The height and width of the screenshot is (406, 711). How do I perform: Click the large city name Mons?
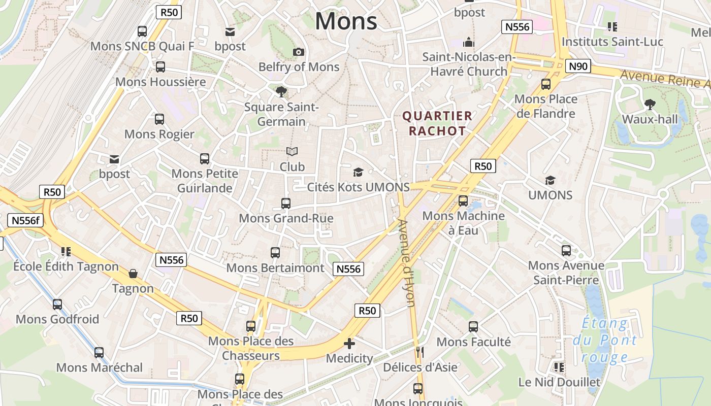(x=346, y=21)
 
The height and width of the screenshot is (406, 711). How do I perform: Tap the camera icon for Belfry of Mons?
(x=299, y=52)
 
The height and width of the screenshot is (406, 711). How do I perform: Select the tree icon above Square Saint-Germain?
(x=281, y=91)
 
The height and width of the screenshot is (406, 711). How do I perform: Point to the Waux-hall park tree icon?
(x=650, y=105)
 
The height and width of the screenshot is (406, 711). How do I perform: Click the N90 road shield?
(x=578, y=65)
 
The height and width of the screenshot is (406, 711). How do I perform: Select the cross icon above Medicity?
(x=349, y=344)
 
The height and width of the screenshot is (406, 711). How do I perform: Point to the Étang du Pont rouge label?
(x=605, y=340)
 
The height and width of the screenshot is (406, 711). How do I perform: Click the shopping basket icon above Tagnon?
(x=133, y=274)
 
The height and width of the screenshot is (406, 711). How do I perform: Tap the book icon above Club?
(x=292, y=151)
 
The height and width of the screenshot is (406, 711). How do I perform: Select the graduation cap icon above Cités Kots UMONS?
(x=358, y=172)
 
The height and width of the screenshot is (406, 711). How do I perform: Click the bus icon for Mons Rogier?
(x=159, y=119)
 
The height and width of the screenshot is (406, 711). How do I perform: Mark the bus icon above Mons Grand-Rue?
(x=286, y=204)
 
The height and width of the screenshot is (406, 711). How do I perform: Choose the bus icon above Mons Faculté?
(x=473, y=327)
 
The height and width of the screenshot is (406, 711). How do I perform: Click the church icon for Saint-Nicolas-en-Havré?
(x=468, y=42)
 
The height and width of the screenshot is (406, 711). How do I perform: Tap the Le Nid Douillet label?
(x=559, y=382)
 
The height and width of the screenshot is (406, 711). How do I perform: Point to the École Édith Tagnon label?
(x=66, y=266)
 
